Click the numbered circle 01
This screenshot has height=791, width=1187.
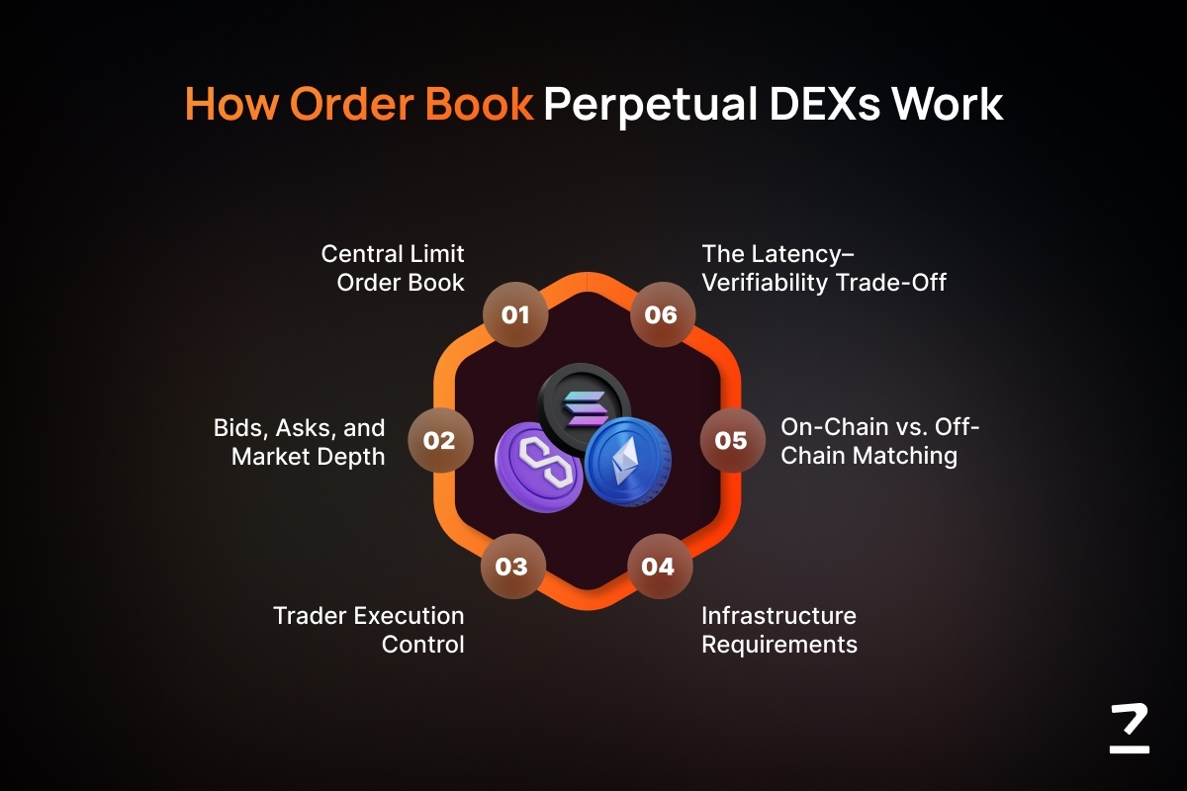pyautogui.click(x=515, y=314)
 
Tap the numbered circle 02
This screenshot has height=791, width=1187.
pyautogui.click(x=440, y=440)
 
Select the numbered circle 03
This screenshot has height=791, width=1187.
pyautogui.click(x=512, y=567)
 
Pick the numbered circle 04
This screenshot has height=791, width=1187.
pyautogui.click(x=660, y=567)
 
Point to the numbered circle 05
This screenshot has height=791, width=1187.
pyautogui.click(x=732, y=440)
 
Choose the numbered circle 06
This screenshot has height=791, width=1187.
pyautogui.click(x=663, y=314)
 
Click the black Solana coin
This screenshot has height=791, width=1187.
pyautogui.click(x=584, y=408)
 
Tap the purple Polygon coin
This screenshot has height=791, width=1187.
pyautogui.click(x=539, y=468)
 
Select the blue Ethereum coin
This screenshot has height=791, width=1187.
pyautogui.click(x=628, y=462)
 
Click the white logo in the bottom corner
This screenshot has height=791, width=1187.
pyautogui.click(x=1130, y=729)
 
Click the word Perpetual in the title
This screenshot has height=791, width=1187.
pyautogui.click(x=650, y=105)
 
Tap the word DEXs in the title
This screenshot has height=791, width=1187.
pyautogui.click(x=825, y=104)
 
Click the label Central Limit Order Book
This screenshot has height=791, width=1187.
pyautogui.click(x=393, y=268)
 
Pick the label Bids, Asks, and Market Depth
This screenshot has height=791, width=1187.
pyautogui.click(x=300, y=442)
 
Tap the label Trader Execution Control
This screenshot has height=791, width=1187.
pyautogui.click(x=369, y=630)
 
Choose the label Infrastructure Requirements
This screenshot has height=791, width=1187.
pyautogui.click(x=779, y=630)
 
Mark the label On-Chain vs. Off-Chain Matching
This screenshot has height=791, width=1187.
pyautogui.click(x=879, y=441)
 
